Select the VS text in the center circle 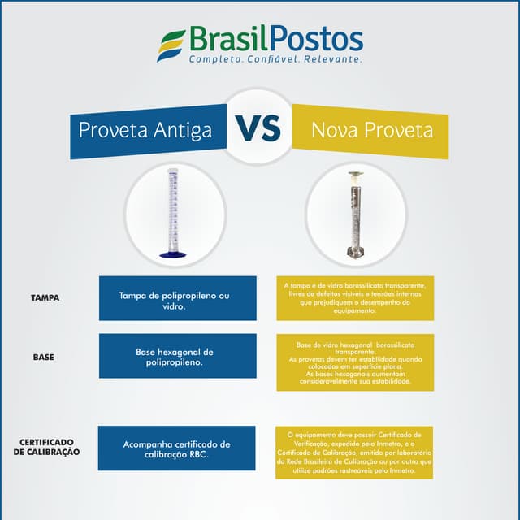pos(258,128)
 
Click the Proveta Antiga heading pos(145,130)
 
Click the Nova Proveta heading pos(372,130)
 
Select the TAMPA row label pos(45,298)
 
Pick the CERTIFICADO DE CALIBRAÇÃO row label pos(47,447)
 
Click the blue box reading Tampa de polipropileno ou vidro pos(177,298)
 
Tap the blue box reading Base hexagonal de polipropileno pos(177,356)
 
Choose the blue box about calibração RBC pos(177,448)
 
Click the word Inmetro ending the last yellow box pos(402,470)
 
